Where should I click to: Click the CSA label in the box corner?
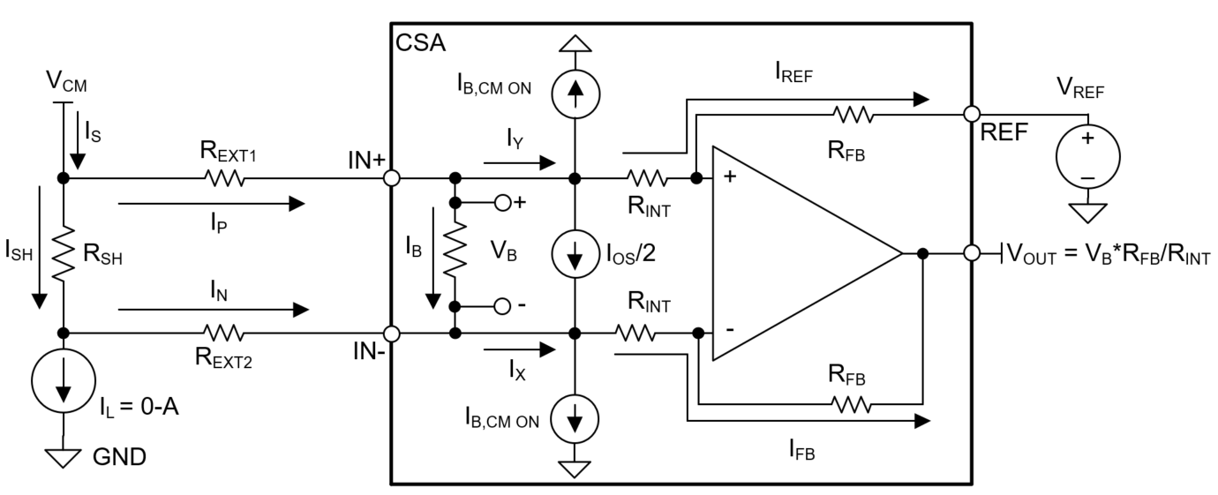(x=419, y=41)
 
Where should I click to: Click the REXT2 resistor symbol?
(x=223, y=333)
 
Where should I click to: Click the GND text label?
(x=119, y=457)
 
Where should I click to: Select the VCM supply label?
(x=67, y=84)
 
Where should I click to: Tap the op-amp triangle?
(x=794, y=254)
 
